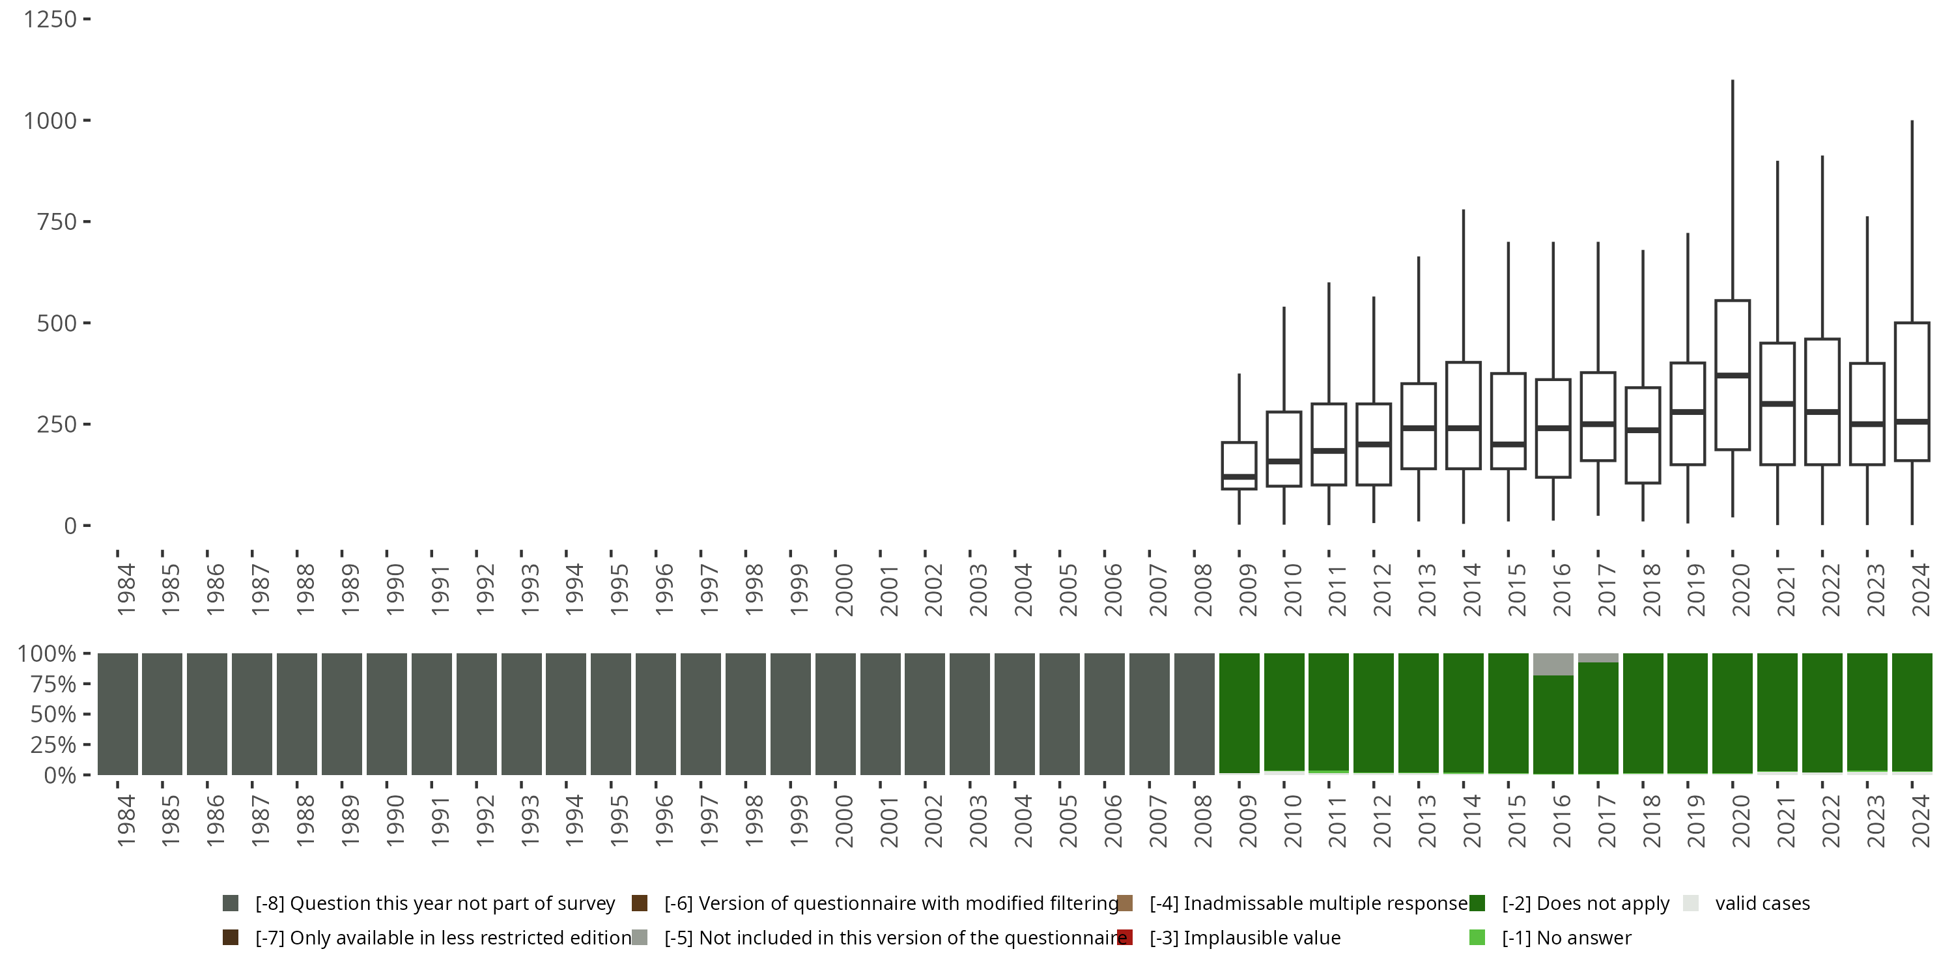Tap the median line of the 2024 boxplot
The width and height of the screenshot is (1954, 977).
coord(1912,421)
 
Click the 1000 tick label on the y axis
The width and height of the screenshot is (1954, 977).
coord(50,120)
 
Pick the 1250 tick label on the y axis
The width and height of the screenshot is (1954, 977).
coord(50,19)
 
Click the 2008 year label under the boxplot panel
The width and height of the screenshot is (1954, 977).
coord(1203,589)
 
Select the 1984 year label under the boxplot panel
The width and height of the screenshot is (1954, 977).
coord(126,589)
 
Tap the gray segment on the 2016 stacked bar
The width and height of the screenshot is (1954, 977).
coord(1553,664)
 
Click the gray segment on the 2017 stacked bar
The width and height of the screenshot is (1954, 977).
coord(1598,658)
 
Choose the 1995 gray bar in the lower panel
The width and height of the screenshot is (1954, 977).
coord(611,713)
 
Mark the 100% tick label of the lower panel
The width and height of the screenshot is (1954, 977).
coord(47,654)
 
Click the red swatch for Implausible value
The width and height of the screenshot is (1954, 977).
coord(1125,937)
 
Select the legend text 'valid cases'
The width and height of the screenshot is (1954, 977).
coord(1762,903)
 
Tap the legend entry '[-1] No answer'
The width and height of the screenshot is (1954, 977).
coord(1566,937)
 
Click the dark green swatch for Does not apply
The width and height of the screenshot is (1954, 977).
coord(1477,903)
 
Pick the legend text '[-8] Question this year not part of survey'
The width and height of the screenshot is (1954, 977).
coord(434,903)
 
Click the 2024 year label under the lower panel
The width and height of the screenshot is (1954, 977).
coord(1921,821)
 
